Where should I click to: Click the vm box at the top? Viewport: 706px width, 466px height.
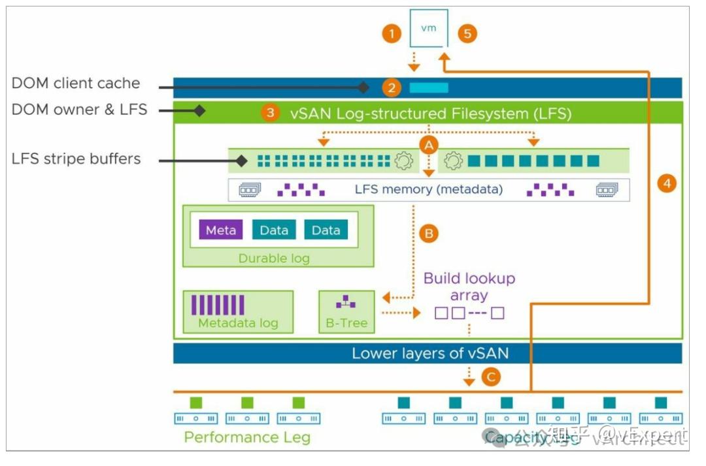pos(429,29)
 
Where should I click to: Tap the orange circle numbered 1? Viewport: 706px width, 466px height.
pos(392,34)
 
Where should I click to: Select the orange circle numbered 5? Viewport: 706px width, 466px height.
pos(467,34)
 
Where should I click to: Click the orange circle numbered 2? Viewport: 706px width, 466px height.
pos(392,87)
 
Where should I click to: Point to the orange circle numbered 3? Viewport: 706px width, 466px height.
pos(270,114)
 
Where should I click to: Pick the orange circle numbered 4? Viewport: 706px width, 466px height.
pos(667,184)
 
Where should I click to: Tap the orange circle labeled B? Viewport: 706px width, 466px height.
pos(429,233)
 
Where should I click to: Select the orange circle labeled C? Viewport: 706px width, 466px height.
pos(492,377)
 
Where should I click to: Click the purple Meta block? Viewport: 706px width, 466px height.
pos(221,230)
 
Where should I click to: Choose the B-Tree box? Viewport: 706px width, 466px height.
pos(346,312)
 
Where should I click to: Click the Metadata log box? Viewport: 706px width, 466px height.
pos(238,312)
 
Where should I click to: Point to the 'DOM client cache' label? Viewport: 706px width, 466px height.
pos(76,84)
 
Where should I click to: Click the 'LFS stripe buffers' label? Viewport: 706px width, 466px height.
pos(76,159)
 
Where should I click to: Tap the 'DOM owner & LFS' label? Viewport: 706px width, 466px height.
pos(79,110)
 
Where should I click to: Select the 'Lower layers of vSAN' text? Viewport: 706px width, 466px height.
pos(430,354)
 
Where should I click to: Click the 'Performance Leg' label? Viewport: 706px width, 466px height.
pos(246,437)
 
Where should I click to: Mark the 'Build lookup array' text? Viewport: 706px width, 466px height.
pos(469,287)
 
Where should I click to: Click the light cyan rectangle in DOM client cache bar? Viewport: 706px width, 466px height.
pos(429,87)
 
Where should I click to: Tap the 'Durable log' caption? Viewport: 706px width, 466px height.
pos(274,258)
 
